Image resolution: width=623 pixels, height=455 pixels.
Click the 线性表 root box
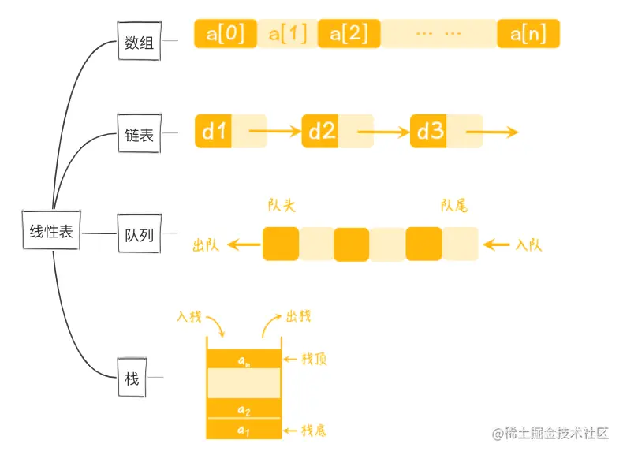tap(51, 232)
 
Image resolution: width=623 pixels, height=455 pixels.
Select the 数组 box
tap(138, 44)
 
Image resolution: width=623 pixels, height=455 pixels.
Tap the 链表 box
tap(138, 135)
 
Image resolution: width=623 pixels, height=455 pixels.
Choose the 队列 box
tap(138, 233)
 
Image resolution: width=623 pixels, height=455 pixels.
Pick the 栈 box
tap(132, 379)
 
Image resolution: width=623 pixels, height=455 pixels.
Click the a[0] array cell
tap(225, 34)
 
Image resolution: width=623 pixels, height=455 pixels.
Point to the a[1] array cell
tap(287, 34)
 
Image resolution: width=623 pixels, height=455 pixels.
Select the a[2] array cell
tap(349, 34)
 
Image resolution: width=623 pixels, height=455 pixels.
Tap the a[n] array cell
tap(528, 34)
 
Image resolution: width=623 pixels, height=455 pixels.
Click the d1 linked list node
tap(214, 132)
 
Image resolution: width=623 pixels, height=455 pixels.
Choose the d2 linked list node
tap(321, 132)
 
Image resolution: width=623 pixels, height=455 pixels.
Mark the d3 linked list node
tap(429, 132)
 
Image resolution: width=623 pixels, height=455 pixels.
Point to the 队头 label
tap(282, 206)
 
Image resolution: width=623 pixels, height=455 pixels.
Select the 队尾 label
tap(454, 206)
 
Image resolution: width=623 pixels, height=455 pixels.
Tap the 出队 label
tap(207, 245)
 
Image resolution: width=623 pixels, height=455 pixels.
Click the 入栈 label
tap(190, 317)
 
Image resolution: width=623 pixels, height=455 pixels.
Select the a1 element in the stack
tap(243, 430)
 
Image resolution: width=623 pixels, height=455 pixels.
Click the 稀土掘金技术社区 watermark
tap(552, 433)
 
